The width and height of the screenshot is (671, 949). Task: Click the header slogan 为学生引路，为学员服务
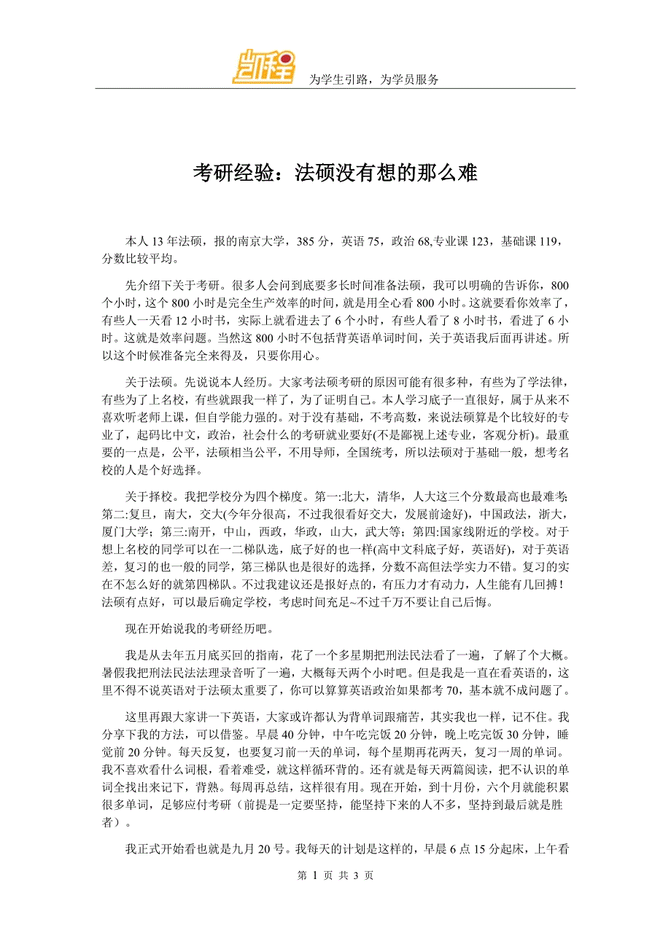pos(374,79)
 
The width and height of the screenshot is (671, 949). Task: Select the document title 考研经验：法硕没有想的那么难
pos(335,173)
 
